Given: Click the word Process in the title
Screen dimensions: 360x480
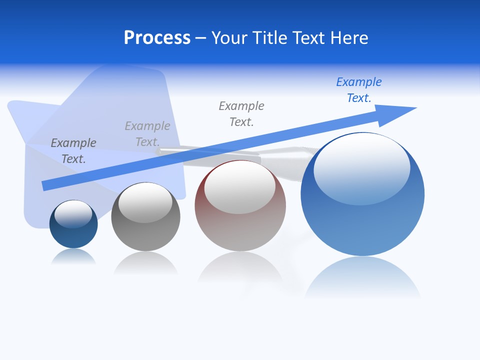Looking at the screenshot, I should pyautogui.click(x=157, y=38).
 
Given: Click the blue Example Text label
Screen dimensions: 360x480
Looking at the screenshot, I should pyautogui.click(x=358, y=90).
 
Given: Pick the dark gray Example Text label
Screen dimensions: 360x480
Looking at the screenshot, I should pyautogui.click(x=73, y=151).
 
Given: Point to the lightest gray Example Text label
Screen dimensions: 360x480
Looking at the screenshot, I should pyautogui.click(x=147, y=134).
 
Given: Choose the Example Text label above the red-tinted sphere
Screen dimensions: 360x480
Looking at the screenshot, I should pyautogui.click(x=241, y=114).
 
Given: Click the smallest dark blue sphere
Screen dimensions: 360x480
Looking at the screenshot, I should pyautogui.click(x=73, y=235).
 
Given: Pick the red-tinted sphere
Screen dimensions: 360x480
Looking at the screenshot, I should pyautogui.click(x=240, y=230).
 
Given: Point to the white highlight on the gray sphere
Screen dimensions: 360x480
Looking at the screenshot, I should pyautogui.click(x=145, y=202).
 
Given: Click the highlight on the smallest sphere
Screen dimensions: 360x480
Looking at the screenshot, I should pyautogui.click(x=73, y=213).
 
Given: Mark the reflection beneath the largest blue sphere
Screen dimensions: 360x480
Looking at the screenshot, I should pyautogui.click(x=362, y=277).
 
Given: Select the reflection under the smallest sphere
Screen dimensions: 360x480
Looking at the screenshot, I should pyautogui.click(x=73, y=257).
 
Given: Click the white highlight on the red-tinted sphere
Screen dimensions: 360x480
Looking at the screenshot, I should pyautogui.click(x=240, y=186).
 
